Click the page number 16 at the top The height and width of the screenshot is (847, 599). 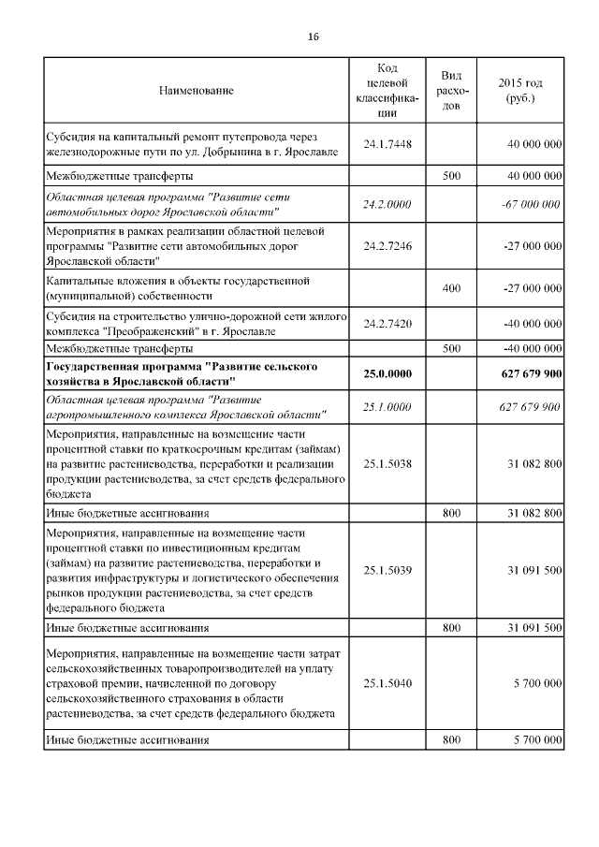click(314, 37)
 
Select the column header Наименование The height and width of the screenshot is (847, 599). click(196, 91)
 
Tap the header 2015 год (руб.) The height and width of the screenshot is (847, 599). click(519, 91)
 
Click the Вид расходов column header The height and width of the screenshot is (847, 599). click(450, 91)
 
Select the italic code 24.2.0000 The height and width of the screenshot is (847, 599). click(387, 205)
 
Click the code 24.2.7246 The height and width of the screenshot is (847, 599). click(387, 245)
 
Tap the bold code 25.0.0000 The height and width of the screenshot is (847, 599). click(387, 373)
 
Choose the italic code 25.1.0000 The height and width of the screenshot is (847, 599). click(387, 406)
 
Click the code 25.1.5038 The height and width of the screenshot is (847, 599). click(387, 464)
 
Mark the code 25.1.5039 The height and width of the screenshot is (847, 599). click(387, 569)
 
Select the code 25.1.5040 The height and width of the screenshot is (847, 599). click(387, 684)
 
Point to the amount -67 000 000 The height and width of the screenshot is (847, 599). click(531, 205)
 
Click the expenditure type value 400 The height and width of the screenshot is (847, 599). click(450, 288)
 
